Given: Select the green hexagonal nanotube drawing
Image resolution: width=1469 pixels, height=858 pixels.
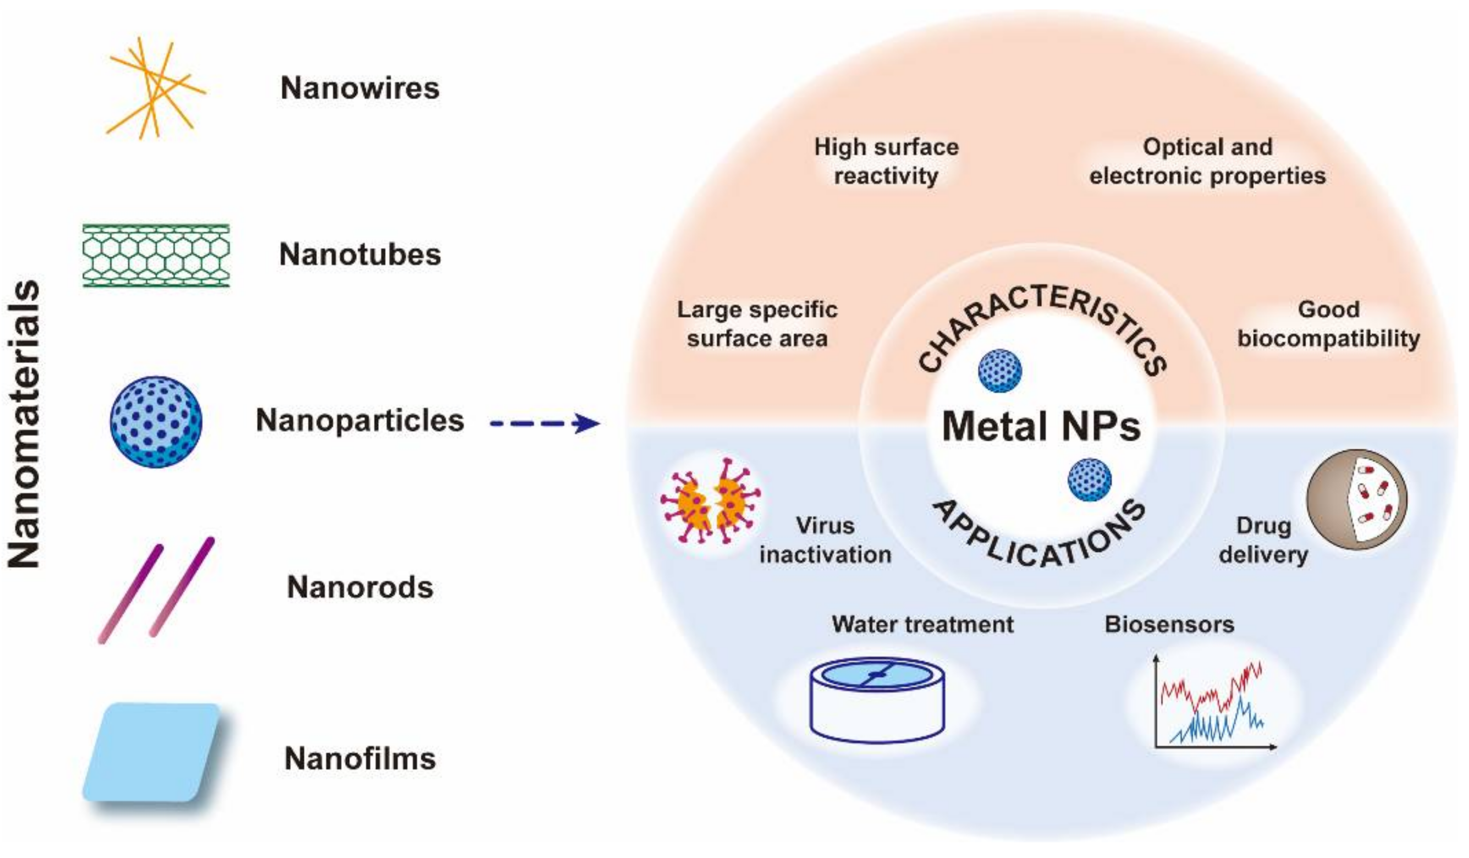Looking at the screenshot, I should (156, 255).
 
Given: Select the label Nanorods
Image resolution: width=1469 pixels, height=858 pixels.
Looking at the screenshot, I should (360, 587).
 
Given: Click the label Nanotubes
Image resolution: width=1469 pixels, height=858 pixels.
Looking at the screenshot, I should (360, 255).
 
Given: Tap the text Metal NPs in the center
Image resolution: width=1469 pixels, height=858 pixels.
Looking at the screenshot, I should (1041, 426).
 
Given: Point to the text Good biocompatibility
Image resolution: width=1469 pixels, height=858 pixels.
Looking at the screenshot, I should (1328, 324).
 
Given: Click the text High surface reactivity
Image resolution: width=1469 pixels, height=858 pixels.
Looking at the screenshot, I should (886, 161).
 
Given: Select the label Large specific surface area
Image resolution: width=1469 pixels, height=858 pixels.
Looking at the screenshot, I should (757, 324).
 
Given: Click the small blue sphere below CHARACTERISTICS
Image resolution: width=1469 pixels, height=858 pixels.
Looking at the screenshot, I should (999, 371).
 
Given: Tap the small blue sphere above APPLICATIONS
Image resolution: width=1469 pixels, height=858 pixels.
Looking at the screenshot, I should (1089, 480).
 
